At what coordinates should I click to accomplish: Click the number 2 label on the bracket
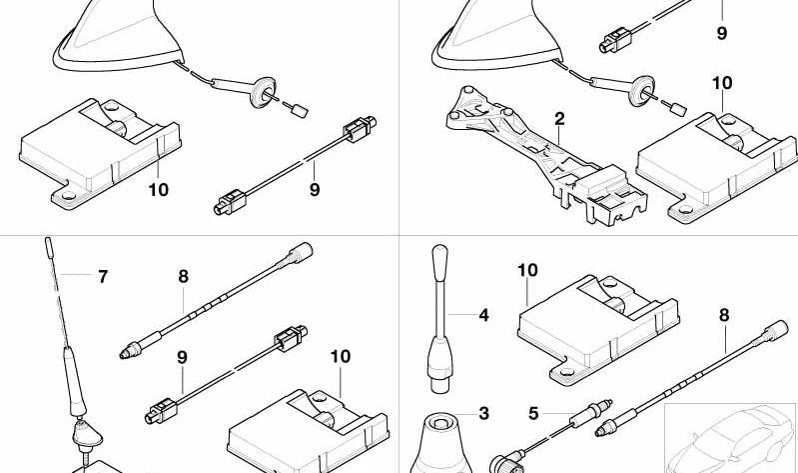[x=559, y=119]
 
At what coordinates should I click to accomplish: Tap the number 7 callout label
[x=102, y=277]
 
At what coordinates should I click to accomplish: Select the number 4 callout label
[x=483, y=316]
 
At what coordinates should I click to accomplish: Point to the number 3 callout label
[x=483, y=412]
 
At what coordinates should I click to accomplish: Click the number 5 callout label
[x=533, y=412]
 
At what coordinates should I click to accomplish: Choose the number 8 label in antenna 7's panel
[x=184, y=277]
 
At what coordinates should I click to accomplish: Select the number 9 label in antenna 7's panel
[x=182, y=357]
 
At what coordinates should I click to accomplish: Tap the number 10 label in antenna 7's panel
[x=340, y=357]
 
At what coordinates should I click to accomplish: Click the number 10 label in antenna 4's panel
[x=526, y=270]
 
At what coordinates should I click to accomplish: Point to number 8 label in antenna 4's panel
[x=723, y=316]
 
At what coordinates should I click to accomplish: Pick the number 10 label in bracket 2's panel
[x=721, y=83]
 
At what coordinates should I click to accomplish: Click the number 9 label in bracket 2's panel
[x=721, y=33]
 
